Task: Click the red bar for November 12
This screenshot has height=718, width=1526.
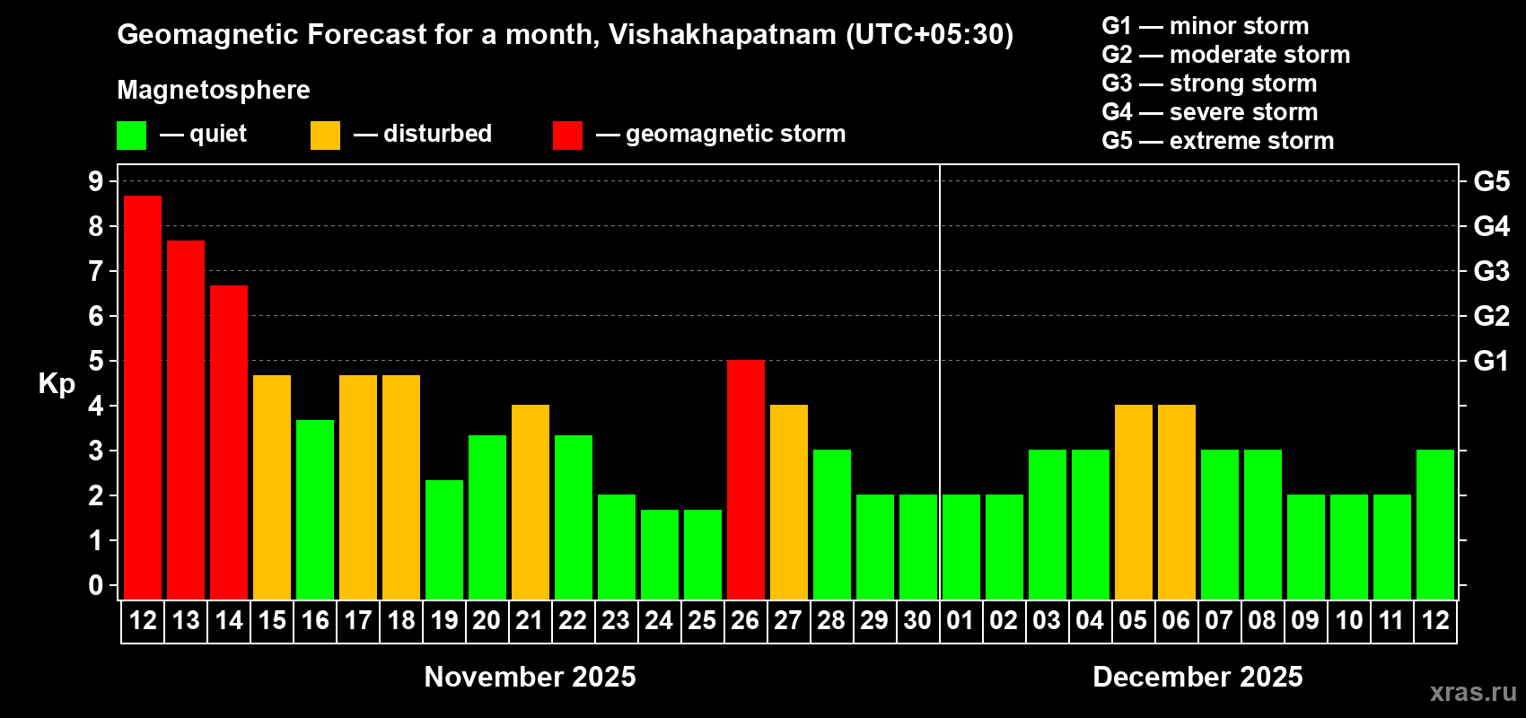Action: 143,398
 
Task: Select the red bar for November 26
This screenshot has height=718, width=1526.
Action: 746,479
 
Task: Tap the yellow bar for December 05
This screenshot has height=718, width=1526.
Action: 1134,502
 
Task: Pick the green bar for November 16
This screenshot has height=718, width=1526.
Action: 315,509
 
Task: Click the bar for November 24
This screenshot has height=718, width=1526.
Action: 660,554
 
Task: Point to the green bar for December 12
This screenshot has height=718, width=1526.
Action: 1435,524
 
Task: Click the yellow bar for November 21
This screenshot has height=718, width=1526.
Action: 531,502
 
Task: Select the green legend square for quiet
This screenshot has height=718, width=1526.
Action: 132,136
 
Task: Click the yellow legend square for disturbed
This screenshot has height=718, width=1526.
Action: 326,136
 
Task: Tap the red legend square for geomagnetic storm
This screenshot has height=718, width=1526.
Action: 567,136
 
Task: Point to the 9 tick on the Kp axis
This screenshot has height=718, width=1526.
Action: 96,181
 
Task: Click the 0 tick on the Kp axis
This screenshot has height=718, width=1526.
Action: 96,585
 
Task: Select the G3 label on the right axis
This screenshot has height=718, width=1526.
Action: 1491,271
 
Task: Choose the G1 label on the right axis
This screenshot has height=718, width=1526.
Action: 1491,361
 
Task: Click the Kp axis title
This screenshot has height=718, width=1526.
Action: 57,383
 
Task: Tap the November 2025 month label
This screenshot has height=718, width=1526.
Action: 530,677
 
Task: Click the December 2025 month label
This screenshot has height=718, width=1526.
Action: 1197,677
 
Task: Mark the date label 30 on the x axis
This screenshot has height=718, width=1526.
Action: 917,620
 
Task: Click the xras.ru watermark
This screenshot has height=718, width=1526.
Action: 1472,692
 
